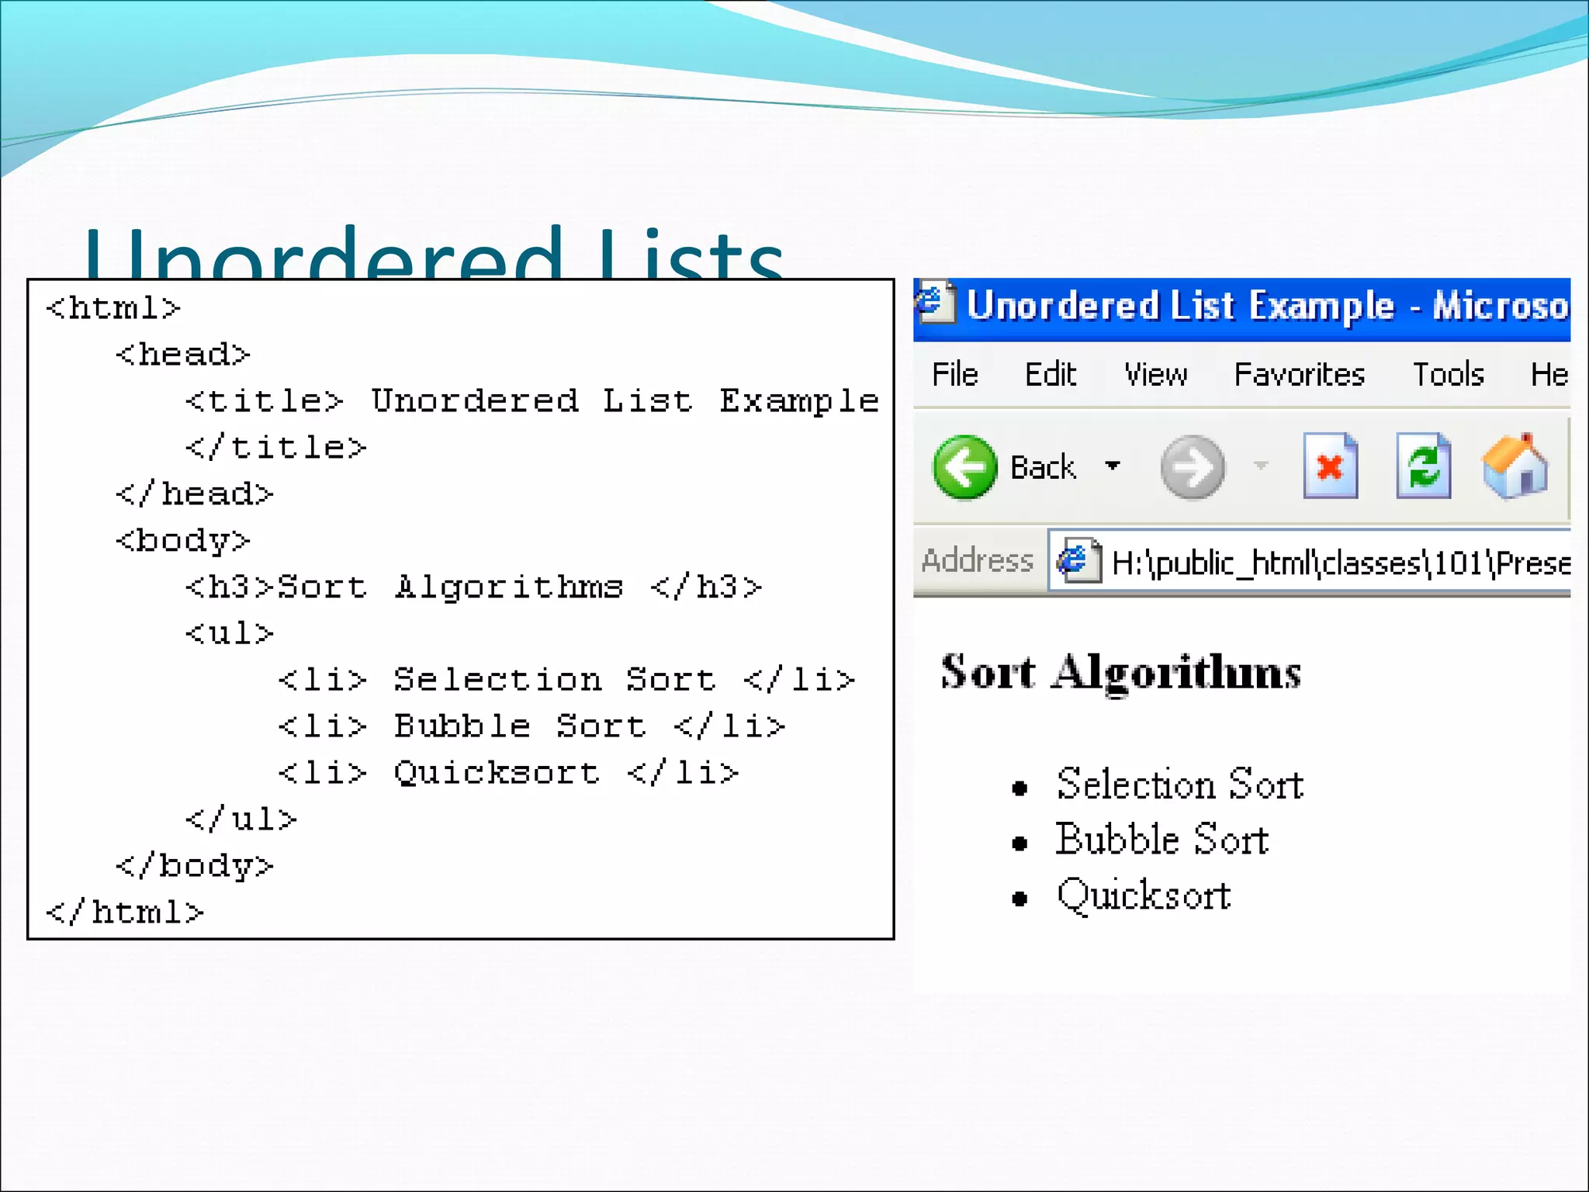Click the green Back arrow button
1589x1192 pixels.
[x=964, y=467]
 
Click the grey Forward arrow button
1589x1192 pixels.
[x=1193, y=467]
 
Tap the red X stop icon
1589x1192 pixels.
[x=1330, y=466]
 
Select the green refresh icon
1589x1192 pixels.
[x=1423, y=466]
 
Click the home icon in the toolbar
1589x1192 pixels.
[x=1515, y=466]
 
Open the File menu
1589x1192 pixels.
[x=954, y=375]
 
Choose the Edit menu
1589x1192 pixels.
[x=1050, y=375]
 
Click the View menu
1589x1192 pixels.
[x=1155, y=375]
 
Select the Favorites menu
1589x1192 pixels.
[x=1299, y=375]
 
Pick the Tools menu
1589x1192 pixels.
[x=1448, y=375]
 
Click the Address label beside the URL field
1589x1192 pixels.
[x=977, y=560]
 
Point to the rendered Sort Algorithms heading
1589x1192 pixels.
[x=1120, y=672]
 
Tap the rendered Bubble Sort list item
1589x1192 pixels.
[x=1161, y=840]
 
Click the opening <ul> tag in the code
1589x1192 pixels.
[x=230, y=634]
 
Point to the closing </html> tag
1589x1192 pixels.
[x=125, y=913]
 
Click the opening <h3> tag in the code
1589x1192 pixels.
[x=230, y=587]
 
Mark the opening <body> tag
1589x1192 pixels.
[x=183, y=541]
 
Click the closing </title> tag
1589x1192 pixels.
[x=275, y=448]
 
